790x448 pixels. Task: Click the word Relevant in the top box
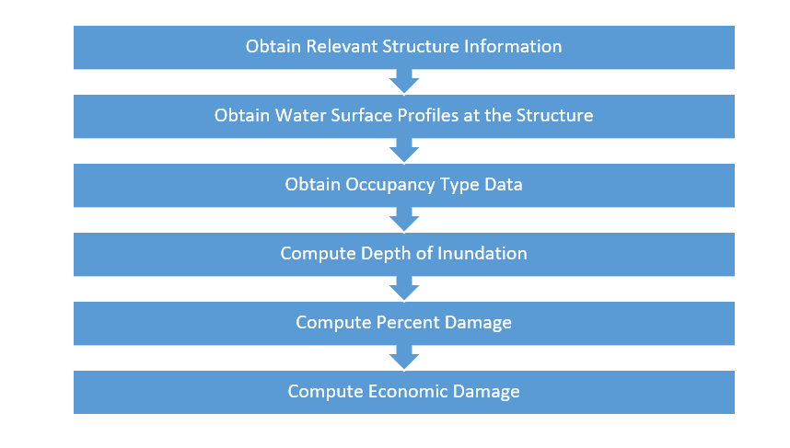(x=342, y=46)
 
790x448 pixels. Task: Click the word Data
(x=504, y=184)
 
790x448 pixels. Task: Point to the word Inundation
(x=482, y=253)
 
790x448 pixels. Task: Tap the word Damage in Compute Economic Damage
(x=486, y=392)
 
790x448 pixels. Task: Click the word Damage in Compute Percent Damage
(x=478, y=323)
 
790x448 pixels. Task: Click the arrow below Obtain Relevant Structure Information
(x=404, y=82)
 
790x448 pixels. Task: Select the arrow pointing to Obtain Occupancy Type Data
(x=404, y=151)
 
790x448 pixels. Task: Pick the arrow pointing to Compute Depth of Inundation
(x=404, y=220)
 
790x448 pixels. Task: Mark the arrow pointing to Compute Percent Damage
(x=404, y=289)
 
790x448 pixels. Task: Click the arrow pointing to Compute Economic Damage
(x=404, y=358)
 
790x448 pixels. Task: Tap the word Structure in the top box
(x=421, y=46)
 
